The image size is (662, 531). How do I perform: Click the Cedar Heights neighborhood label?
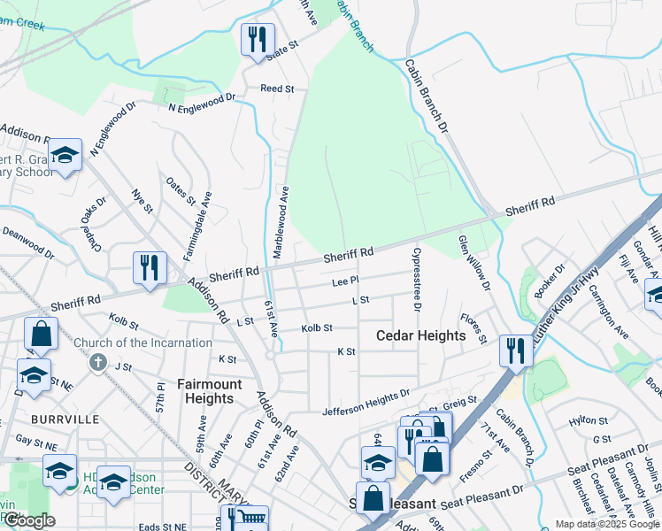coord(420,335)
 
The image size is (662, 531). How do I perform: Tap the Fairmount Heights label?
coord(205,391)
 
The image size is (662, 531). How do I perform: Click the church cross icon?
coord(98,363)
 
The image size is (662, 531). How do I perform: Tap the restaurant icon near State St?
coord(258,39)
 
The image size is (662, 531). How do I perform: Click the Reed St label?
coord(276,88)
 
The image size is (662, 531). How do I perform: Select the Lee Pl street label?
coord(344,281)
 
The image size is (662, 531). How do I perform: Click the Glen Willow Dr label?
coord(474,262)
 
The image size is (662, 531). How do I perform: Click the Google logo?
coord(29,520)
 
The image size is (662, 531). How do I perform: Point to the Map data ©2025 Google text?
coord(606,524)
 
